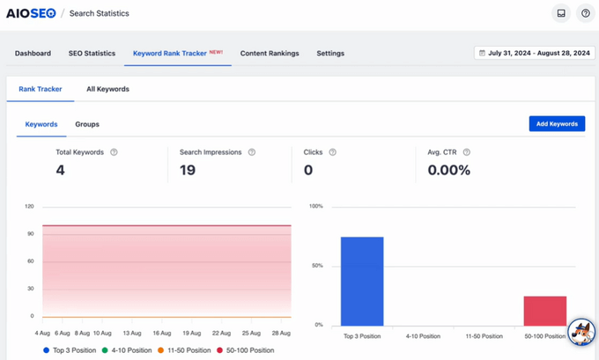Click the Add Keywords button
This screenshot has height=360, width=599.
557,124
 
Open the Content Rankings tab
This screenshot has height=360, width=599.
270,53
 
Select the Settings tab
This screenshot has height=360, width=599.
330,53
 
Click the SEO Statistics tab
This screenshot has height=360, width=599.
92,53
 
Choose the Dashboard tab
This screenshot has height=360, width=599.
33,53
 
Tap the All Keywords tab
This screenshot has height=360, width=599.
107,89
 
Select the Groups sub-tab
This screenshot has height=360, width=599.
87,124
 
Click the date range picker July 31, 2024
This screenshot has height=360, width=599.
534,53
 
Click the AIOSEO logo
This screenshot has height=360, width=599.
32,13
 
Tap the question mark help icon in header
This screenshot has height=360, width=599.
585,13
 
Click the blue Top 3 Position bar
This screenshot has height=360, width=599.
362,281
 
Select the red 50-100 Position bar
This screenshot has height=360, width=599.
544,310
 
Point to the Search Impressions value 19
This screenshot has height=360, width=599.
187,170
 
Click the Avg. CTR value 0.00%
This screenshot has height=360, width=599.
449,170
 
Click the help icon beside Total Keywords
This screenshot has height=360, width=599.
114,152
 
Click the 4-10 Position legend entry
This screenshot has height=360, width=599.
126,350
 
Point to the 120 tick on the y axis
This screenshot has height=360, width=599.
29,207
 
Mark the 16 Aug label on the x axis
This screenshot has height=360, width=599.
161,334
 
